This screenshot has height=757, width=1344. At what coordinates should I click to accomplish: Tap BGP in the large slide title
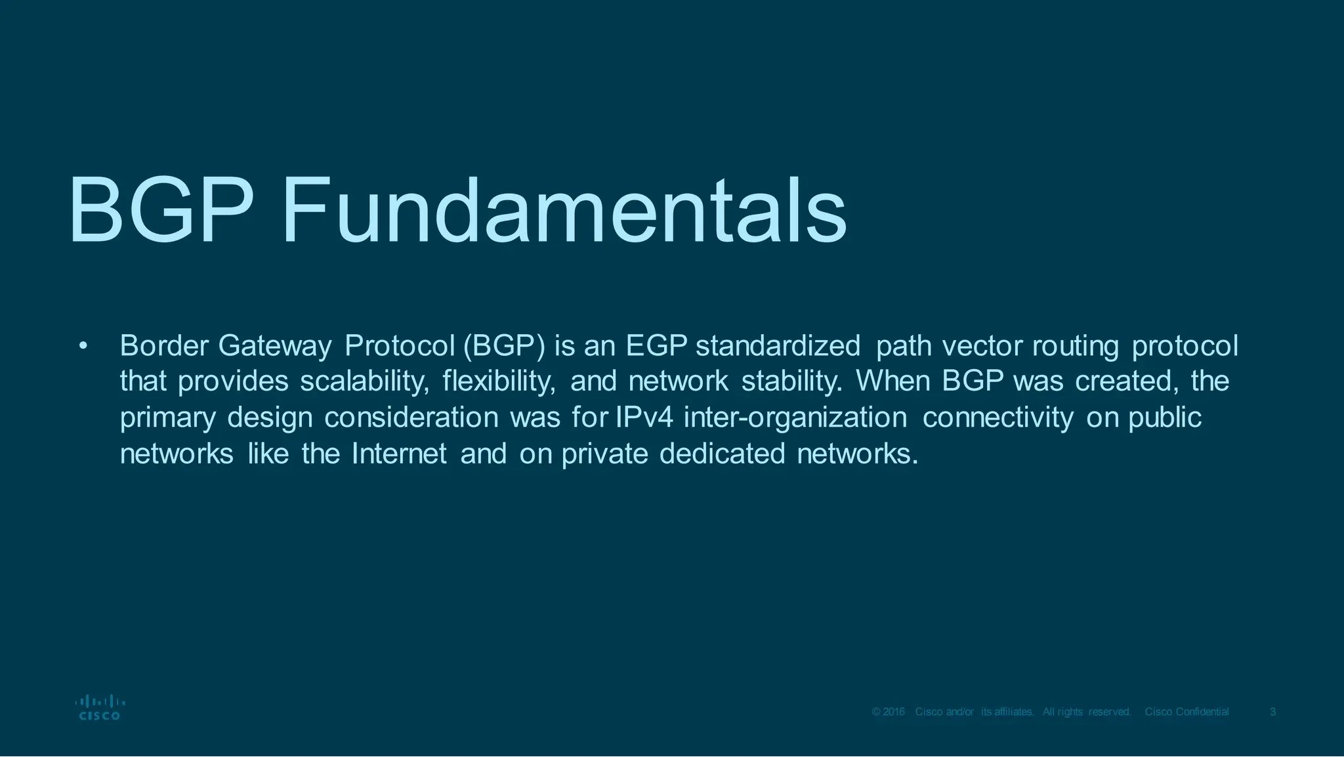tap(161, 211)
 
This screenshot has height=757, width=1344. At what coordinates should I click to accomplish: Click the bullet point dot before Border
tap(82, 346)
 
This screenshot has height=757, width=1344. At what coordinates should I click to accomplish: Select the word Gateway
tap(274, 346)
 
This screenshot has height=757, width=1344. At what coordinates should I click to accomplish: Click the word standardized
tap(778, 346)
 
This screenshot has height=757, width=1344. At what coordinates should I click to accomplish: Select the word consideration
tap(411, 418)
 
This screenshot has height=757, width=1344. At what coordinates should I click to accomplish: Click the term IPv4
tap(644, 418)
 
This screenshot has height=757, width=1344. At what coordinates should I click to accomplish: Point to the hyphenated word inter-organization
tap(795, 418)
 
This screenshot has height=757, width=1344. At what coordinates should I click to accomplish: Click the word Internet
tap(399, 454)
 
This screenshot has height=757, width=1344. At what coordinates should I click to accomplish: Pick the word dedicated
tap(722, 454)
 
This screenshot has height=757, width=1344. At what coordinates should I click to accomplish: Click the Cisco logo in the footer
tap(100, 708)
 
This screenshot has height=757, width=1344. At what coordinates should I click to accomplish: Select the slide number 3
tap(1272, 712)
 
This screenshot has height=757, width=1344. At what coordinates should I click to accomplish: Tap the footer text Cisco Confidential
tap(1186, 712)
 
